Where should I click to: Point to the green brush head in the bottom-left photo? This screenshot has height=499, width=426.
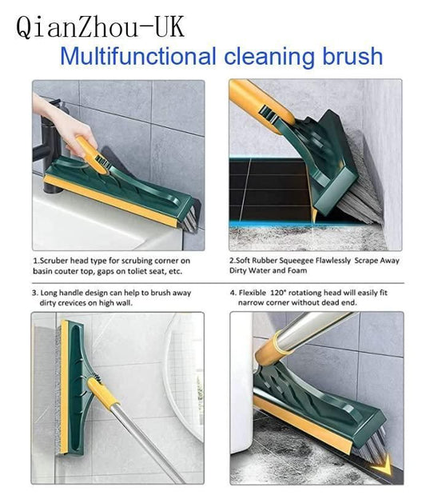[x=76, y=368]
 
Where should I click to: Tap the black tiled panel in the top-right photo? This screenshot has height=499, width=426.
[x=268, y=192]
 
